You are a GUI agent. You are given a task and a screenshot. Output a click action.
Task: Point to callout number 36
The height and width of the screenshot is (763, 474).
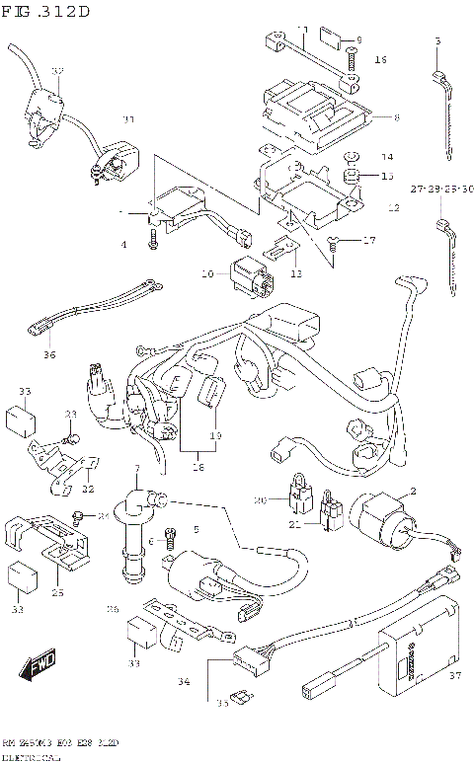click(x=49, y=355)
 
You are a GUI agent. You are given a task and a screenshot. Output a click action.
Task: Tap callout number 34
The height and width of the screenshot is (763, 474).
click(x=183, y=681)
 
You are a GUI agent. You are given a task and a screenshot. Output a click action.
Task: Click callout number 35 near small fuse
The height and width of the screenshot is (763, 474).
click(x=223, y=705)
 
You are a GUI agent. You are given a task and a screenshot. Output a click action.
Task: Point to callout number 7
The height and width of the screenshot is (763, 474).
click(x=138, y=467)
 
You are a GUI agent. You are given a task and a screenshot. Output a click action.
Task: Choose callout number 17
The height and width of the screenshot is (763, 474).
click(x=370, y=239)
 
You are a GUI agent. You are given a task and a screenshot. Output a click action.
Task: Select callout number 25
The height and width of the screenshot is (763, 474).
click(x=57, y=592)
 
